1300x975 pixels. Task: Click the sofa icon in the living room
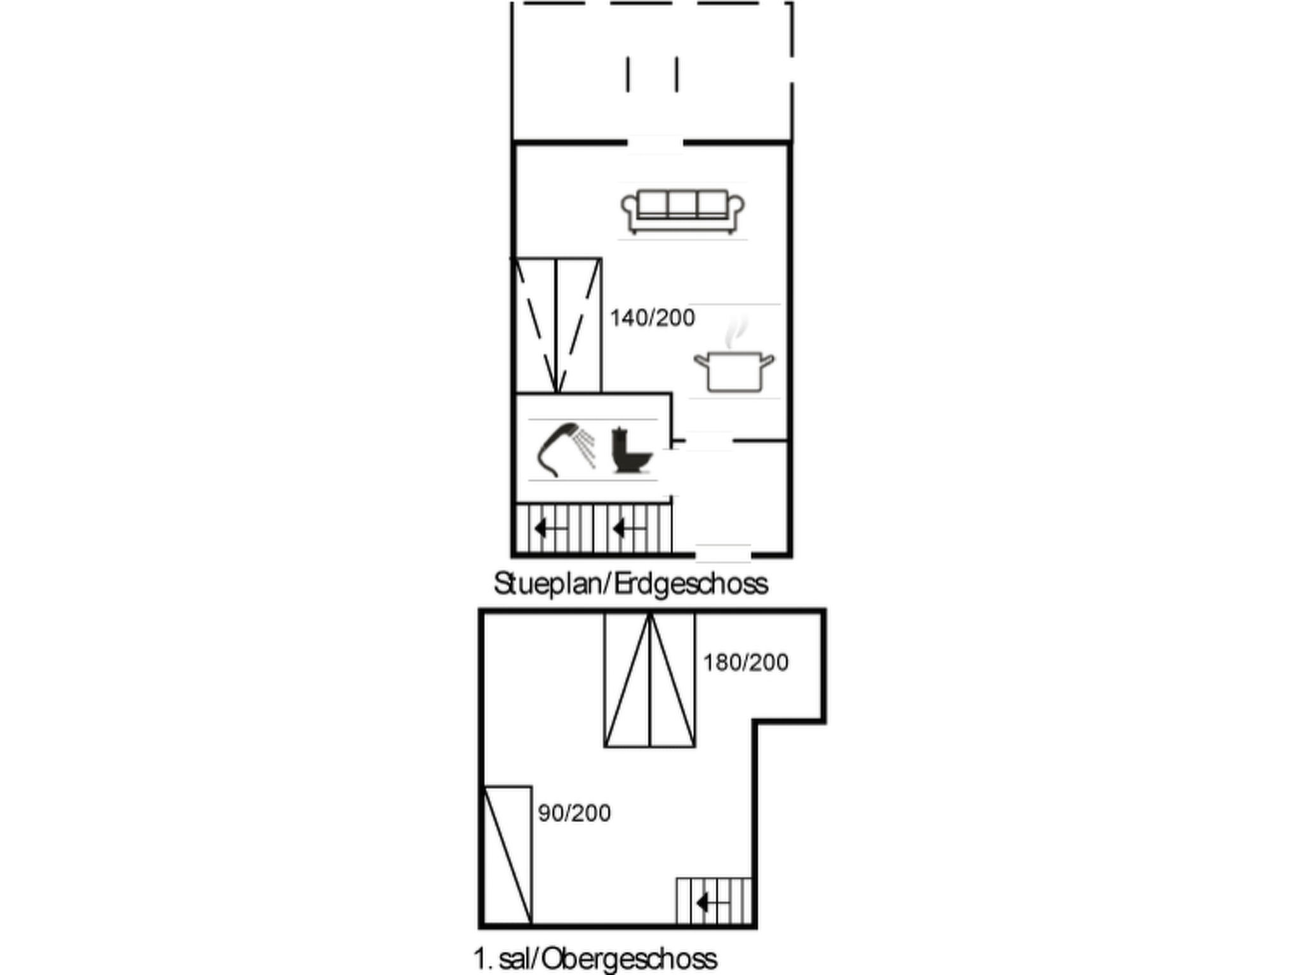682,211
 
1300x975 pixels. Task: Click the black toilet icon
631,451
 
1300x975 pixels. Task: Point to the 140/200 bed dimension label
653,317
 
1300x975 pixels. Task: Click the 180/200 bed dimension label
746,663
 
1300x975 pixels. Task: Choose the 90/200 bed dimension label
574,813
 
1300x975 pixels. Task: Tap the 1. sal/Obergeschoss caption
595,958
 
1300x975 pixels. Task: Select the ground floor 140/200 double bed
557,325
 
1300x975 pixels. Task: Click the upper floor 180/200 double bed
649,679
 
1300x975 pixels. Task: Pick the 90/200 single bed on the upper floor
508,854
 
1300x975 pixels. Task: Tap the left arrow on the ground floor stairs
550,527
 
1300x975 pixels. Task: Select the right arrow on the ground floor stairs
629,527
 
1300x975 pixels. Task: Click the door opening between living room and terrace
655,143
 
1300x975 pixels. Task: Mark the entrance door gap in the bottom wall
723,554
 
